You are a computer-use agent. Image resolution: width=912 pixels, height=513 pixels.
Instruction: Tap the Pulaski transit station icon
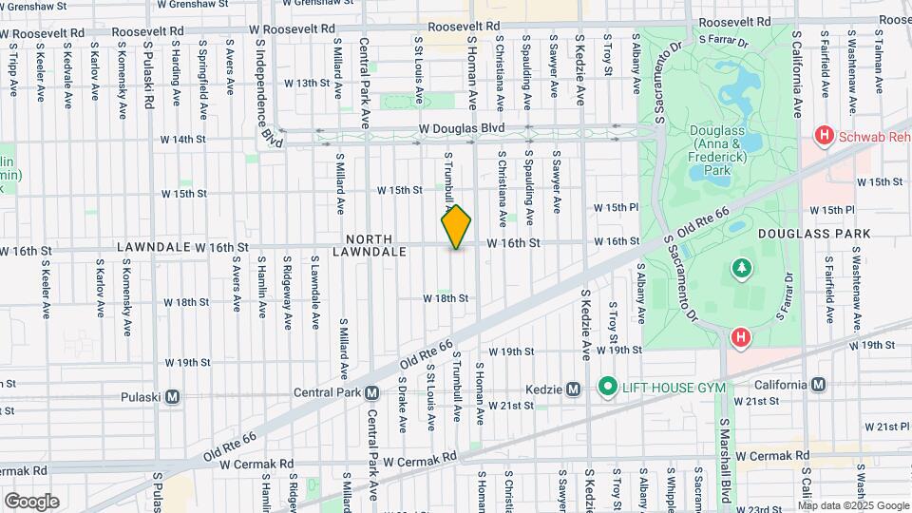click(173, 397)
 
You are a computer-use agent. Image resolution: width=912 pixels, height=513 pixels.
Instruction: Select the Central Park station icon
click(372, 392)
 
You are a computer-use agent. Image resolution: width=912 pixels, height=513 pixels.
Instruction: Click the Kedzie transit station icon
click(573, 389)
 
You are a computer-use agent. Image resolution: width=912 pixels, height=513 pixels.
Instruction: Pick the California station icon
click(819, 385)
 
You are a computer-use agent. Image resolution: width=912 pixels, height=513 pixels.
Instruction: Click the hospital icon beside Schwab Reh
click(824, 137)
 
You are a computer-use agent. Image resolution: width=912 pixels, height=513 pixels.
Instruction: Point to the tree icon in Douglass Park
click(740, 270)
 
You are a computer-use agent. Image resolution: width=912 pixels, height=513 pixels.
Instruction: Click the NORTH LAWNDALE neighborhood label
click(370, 245)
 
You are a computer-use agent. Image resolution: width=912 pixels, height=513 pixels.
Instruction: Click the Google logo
click(31, 501)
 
